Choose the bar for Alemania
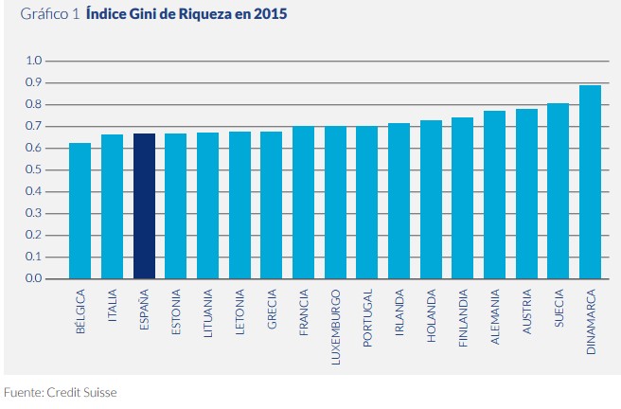[x=494, y=195]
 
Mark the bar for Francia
[x=303, y=203]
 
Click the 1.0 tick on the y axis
[x=34, y=61]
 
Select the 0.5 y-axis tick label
[x=34, y=170]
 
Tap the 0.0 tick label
[x=34, y=279]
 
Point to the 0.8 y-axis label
[x=34, y=104]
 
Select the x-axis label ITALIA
[x=113, y=310]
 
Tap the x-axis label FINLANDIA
[x=463, y=321]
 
